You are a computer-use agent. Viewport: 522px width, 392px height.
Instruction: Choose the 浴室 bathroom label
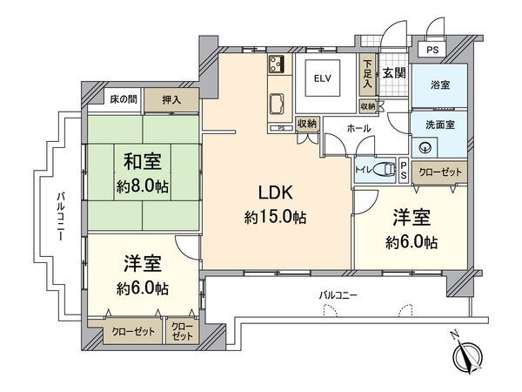[439, 85]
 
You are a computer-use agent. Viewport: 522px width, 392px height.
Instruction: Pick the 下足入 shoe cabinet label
[369, 74]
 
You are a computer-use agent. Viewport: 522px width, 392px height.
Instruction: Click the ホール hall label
[358, 128]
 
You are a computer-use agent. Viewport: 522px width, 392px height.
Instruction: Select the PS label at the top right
[432, 51]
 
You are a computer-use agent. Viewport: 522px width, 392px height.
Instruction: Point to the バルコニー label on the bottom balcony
[338, 296]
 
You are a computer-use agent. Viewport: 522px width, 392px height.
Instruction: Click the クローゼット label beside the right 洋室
[437, 172]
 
